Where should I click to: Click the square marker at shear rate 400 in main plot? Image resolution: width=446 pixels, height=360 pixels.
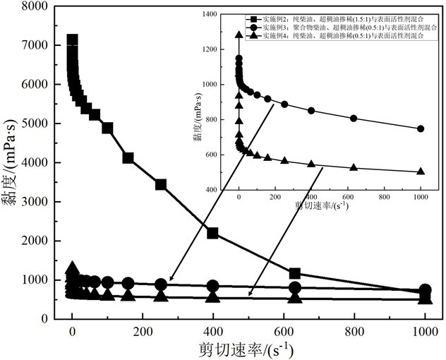212,233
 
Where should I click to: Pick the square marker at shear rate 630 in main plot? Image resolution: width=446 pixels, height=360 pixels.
294,273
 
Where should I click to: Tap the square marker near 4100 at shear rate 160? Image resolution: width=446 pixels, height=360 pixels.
128,157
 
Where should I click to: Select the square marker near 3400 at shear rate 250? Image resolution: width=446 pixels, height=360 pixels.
160,185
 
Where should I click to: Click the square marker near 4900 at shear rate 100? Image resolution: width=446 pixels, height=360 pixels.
107,128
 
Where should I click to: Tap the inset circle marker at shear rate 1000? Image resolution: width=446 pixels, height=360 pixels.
421,128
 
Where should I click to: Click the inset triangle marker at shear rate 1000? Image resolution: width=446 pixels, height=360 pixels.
421,172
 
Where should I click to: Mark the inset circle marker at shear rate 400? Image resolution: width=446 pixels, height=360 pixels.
311,111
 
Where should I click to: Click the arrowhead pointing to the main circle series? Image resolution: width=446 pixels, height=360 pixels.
171,280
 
